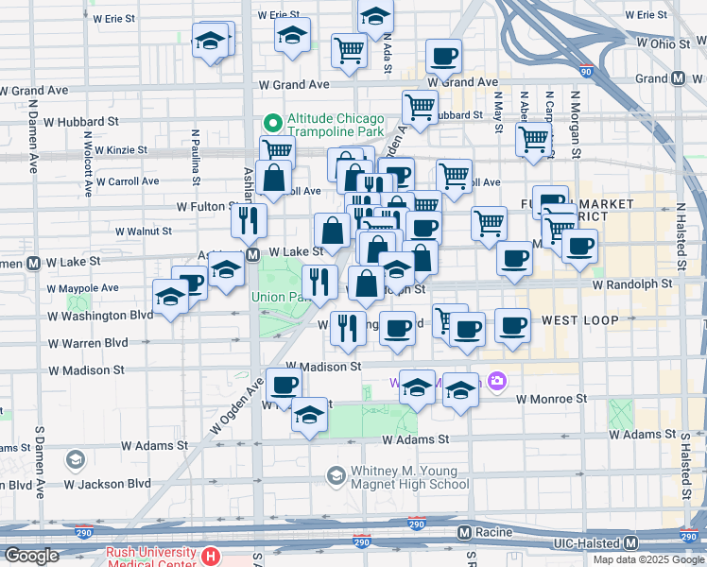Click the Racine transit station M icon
[464, 533]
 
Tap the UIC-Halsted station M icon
[630, 542]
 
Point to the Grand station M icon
[678, 79]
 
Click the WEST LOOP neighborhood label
[579, 321]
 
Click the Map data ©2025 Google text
[648, 559]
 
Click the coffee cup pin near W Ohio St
[442, 56]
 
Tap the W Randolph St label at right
[632, 283]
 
